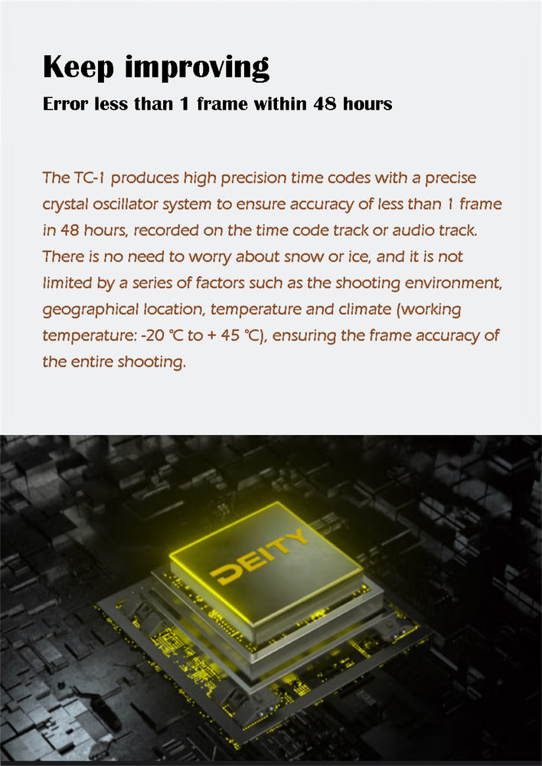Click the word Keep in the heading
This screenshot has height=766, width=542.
point(78,67)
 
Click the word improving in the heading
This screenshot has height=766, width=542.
point(198,67)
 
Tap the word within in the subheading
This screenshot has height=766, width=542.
point(281,103)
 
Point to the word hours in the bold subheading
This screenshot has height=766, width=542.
point(367,103)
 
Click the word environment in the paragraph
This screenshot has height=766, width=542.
point(453,283)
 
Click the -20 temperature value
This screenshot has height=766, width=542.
point(152,336)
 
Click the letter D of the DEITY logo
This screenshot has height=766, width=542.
point(226,574)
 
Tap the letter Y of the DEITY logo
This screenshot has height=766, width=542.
point(296,536)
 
